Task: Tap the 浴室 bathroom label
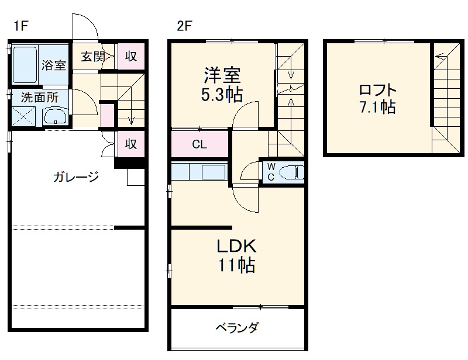click(54, 65)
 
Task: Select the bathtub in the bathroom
click(25, 65)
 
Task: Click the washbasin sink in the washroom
click(56, 116)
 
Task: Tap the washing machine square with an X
click(25, 116)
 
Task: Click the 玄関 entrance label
click(93, 57)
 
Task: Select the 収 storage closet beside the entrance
click(131, 57)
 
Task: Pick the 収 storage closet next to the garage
click(131, 143)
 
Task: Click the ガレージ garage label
click(76, 176)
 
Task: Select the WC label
click(271, 172)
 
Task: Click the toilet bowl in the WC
click(291, 172)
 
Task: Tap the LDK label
click(237, 246)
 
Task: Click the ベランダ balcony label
click(237, 327)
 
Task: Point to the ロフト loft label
click(377, 91)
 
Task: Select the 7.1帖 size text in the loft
click(377, 108)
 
